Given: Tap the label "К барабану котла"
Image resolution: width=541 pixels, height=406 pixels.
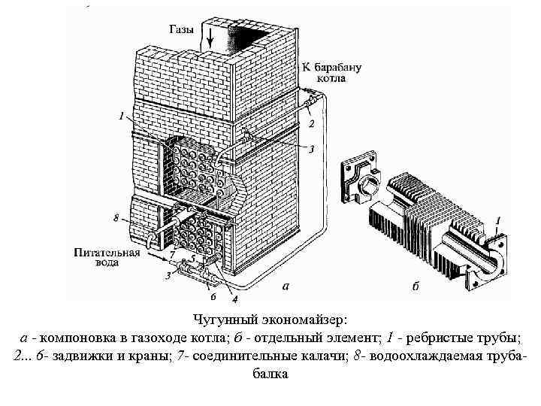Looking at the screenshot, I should point(332,72).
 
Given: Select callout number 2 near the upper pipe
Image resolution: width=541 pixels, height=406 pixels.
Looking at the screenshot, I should point(312,123).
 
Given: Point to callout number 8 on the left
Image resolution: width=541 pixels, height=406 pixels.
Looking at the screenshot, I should point(116,219).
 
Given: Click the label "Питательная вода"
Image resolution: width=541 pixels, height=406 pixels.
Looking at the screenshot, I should point(107,257).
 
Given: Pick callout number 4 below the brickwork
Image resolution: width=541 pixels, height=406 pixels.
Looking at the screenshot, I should point(224,299).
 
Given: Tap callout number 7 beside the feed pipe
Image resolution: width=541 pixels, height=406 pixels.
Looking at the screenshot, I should point(173,256).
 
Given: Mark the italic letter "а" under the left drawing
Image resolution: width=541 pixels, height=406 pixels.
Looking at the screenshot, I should point(284,286).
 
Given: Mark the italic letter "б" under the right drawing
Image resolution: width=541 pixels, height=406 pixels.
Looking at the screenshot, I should point(416,286).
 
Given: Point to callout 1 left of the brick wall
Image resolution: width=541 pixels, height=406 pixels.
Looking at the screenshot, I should point(120,116).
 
